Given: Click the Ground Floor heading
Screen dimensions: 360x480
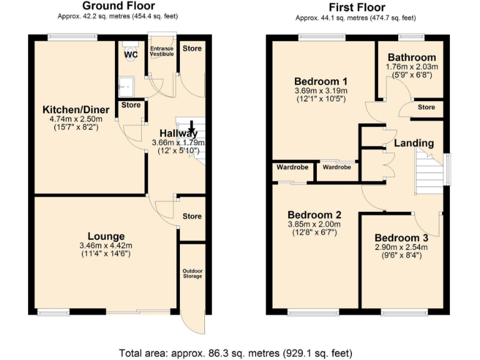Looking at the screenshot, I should pyautogui.click(x=118, y=7).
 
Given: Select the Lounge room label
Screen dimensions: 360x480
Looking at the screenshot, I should pyautogui.click(x=106, y=236).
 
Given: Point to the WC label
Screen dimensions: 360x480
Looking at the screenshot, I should pyautogui.click(x=131, y=55).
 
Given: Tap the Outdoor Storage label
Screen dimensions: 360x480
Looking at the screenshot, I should pyautogui.click(x=192, y=274).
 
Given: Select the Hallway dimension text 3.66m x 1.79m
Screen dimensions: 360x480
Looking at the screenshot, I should pyautogui.click(x=178, y=142).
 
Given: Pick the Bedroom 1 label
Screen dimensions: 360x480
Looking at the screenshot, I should pyautogui.click(x=321, y=81).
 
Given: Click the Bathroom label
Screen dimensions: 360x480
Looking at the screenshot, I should pyautogui.click(x=412, y=57).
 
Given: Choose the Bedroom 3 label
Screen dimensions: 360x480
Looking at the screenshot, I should pyautogui.click(x=401, y=237).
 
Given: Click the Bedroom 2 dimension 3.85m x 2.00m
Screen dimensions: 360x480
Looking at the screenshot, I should pyautogui.click(x=314, y=224).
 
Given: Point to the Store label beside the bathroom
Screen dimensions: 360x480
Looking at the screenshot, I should pyautogui.click(x=426, y=107).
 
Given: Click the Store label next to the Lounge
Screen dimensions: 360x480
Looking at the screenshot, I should pyautogui.click(x=192, y=216).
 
